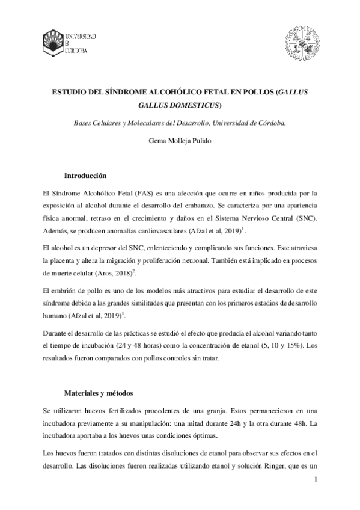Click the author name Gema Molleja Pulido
coord(180,142)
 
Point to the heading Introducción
coord(85,176)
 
